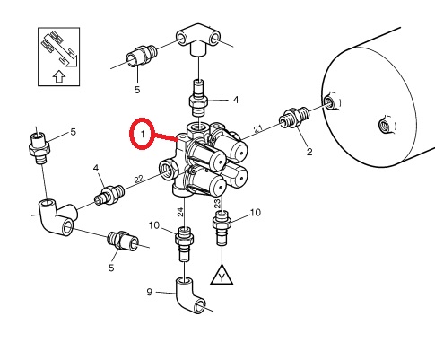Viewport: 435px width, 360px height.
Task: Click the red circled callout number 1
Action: click(143, 134)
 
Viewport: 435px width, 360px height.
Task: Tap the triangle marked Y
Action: click(222, 276)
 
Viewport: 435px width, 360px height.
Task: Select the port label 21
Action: click(258, 129)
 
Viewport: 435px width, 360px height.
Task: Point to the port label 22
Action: click(139, 180)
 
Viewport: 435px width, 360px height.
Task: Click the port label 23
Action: click(217, 203)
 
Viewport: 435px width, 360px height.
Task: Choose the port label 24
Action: click(180, 212)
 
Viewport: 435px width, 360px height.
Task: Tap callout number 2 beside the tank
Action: click(309, 152)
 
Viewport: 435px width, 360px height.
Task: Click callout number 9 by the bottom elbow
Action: click(150, 292)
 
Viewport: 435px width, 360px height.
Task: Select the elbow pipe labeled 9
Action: click(189, 295)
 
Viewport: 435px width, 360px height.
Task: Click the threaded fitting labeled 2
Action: click(293, 117)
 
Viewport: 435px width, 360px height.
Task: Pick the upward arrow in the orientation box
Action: click(59, 77)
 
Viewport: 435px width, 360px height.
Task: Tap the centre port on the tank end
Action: click(384, 125)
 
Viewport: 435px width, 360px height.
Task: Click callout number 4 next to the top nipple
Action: click(236, 100)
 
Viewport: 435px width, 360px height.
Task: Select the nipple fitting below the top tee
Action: click(198, 99)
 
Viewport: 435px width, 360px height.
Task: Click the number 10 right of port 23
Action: click(256, 213)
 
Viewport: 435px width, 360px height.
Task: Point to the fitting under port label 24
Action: click(184, 243)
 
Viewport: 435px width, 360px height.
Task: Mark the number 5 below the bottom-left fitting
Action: click(111, 268)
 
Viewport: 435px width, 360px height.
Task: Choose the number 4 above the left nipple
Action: click(96, 168)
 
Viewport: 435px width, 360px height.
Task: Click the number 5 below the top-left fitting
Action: click(137, 90)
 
